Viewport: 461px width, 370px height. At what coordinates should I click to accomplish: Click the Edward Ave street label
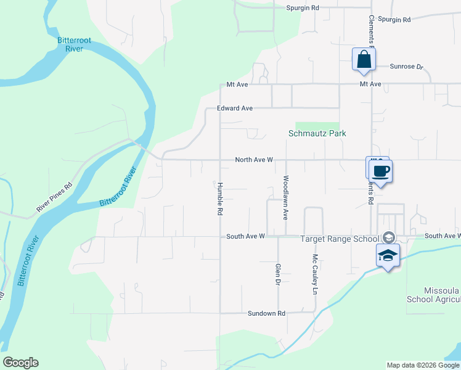coord(235,108)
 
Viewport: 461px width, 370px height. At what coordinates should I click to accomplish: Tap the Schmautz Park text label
coord(317,133)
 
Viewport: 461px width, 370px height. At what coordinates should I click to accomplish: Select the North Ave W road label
coord(254,160)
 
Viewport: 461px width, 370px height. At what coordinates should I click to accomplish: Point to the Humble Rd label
coord(219,199)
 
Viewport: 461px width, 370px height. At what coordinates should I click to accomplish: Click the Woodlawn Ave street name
coord(286,198)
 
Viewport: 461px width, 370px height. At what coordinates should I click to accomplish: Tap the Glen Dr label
coord(277,274)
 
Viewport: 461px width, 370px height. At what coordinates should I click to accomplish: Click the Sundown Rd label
coord(266,313)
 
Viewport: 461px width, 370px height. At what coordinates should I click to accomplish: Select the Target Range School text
coord(340,239)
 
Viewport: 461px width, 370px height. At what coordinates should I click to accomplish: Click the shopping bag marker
coord(364,60)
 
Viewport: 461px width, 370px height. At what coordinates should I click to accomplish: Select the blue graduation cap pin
coord(388,256)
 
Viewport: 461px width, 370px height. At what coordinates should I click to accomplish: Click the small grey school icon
coord(389,237)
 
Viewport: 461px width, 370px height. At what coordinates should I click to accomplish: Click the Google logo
coord(20,363)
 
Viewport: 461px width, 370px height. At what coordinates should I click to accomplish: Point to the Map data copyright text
coord(423,365)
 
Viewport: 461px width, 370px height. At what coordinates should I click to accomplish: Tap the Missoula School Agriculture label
coord(433,295)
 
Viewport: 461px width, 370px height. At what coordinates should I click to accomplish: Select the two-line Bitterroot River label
coord(74,45)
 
